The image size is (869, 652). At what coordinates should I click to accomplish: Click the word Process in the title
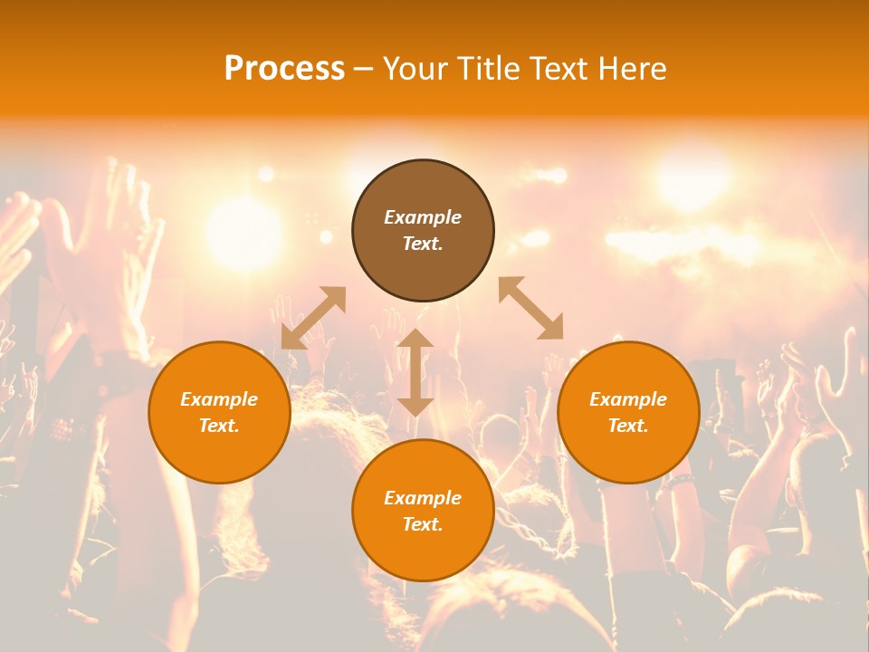click(284, 69)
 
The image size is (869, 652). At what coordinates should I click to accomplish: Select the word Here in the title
click(631, 69)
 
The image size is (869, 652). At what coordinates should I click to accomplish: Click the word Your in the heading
click(415, 69)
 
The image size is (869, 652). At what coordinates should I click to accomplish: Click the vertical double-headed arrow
click(415, 372)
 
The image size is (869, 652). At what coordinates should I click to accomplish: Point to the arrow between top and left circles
click(313, 318)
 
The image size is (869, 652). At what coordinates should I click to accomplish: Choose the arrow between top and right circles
click(531, 308)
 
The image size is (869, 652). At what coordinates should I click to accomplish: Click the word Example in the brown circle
click(423, 217)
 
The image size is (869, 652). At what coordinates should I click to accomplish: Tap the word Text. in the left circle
click(219, 426)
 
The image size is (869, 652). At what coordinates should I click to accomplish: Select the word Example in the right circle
click(628, 399)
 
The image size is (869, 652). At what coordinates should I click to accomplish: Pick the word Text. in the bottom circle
click(423, 524)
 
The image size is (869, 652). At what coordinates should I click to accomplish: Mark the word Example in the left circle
click(219, 399)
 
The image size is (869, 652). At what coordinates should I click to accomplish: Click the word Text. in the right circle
click(628, 426)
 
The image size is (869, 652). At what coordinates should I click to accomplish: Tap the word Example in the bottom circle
click(423, 498)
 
